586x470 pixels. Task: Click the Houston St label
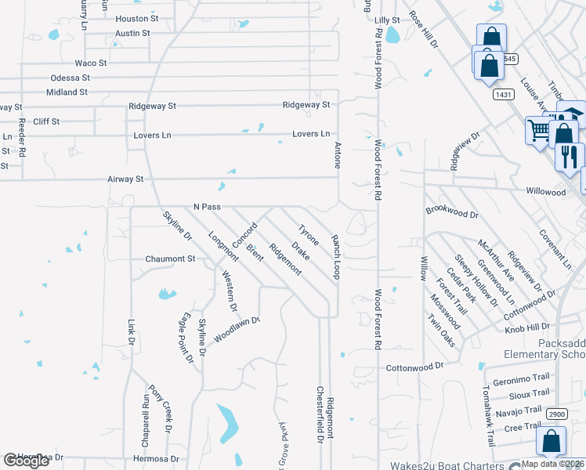click(x=136, y=18)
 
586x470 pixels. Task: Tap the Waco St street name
click(x=90, y=63)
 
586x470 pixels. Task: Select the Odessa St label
click(x=70, y=78)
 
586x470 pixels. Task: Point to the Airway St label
click(x=125, y=179)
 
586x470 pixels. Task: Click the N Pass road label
click(x=207, y=207)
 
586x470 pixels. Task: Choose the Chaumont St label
click(x=169, y=258)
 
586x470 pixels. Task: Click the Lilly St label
click(x=387, y=20)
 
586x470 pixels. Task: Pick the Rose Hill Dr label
click(x=424, y=34)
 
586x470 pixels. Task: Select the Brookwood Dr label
click(x=452, y=212)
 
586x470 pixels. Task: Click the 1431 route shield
click(x=504, y=94)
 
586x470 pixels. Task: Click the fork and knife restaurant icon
click(x=570, y=155)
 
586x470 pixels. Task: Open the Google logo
click(x=27, y=461)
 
